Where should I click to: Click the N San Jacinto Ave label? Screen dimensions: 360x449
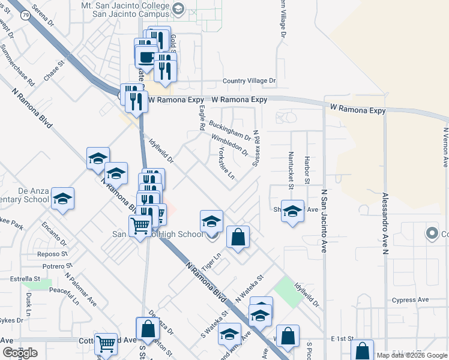324,220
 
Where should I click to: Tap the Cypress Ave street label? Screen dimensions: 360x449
410,299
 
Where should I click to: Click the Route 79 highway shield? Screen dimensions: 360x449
26,16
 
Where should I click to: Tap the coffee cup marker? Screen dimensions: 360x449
146,58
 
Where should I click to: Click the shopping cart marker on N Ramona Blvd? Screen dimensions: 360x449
140,227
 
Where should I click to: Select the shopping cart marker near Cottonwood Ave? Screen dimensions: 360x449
106,344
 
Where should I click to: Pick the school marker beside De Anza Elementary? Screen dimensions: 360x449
62,199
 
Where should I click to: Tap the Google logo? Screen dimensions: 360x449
20,353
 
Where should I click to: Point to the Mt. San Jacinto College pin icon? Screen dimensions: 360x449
178,8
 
